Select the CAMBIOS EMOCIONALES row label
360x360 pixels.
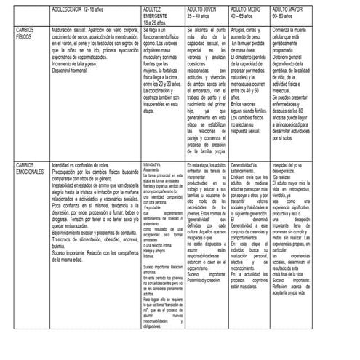point(30,169)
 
